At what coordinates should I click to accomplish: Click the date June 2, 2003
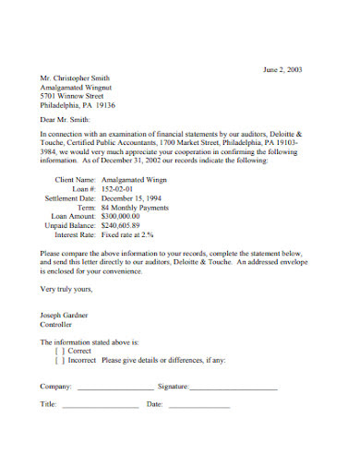point(282,69)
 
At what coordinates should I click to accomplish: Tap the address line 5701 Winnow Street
point(73,96)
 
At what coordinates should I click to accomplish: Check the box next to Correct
point(60,351)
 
